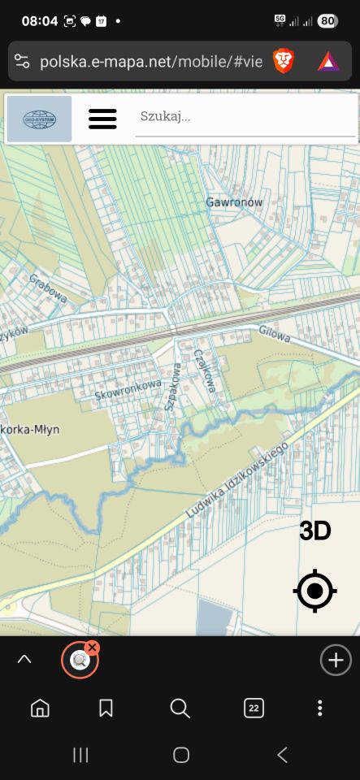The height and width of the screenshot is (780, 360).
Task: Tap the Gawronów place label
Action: point(234,202)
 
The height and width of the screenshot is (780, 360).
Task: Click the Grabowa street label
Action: point(48,287)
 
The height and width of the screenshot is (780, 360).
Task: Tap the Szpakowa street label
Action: point(172,387)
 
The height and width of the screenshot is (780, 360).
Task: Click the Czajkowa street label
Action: point(204,370)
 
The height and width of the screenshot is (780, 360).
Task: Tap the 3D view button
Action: point(315,531)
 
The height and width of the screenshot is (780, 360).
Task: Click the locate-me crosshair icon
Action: point(315,591)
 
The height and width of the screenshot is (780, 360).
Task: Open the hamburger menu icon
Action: point(102,119)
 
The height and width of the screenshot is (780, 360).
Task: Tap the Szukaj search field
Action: point(244,117)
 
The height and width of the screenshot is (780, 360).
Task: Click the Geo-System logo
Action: point(40,119)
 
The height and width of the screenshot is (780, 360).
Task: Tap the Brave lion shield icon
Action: point(284,61)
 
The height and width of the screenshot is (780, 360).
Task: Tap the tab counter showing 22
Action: point(254,708)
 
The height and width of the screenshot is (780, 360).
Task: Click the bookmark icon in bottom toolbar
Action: point(106,708)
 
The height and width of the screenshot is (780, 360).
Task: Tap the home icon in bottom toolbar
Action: point(39,708)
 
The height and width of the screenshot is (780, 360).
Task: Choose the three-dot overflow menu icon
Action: point(320,708)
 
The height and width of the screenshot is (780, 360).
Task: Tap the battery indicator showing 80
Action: point(327,21)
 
